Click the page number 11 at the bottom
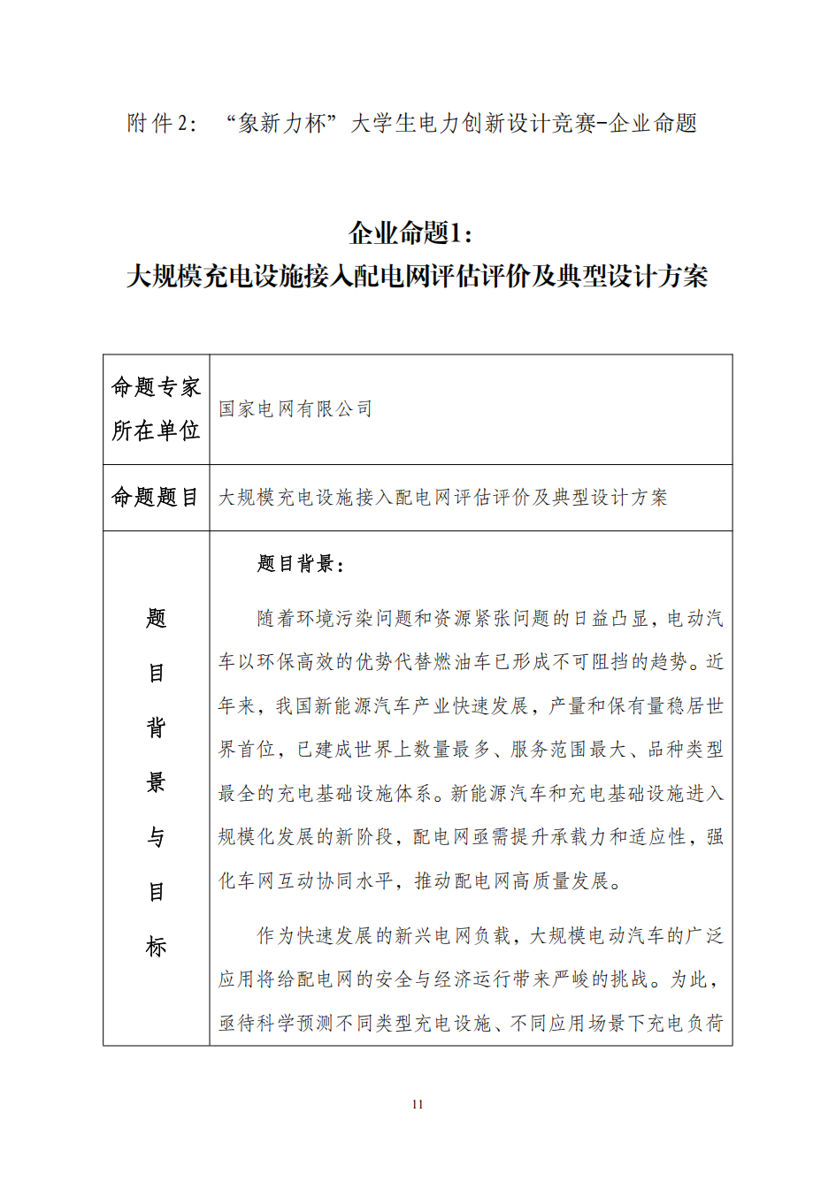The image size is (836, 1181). click(x=418, y=1104)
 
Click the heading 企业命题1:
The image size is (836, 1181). click(x=411, y=233)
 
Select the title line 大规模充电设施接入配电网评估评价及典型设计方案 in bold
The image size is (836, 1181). click(x=418, y=277)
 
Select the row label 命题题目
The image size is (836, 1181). click(x=156, y=498)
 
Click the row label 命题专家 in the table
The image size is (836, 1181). click(x=156, y=387)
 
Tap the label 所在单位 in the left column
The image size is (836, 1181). click(x=156, y=431)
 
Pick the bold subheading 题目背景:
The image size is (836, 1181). click(x=301, y=564)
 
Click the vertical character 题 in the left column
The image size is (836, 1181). click(x=157, y=619)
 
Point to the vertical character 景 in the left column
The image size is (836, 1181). click(x=157, y=782)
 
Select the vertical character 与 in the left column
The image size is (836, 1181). click(x=157, y=837)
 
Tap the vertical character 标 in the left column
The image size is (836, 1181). click(x=157, y=947)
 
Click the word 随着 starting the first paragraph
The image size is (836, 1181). click(x=276, y=619)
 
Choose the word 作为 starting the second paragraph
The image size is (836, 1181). click(x=276, y=936)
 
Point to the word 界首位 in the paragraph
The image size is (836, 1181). click(x=248, y=750)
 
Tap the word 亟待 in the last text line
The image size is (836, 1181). click(x=238, y=1024)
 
